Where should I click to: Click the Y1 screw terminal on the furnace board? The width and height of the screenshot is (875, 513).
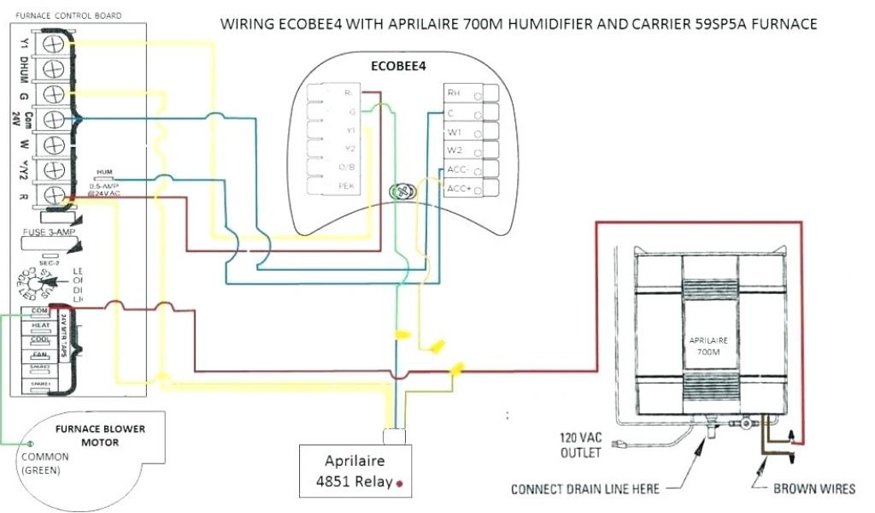[55, 42]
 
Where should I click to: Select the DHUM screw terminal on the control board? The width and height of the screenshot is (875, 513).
[55, 68]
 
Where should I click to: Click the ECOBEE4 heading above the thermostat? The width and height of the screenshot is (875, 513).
[398, 65]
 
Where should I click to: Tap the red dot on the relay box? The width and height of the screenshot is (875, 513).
[399, 484]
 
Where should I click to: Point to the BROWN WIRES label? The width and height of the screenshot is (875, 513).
[814, 490]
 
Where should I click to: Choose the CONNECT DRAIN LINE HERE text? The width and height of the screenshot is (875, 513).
[585, 490]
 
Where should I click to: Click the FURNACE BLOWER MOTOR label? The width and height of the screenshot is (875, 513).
[100, 435]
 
